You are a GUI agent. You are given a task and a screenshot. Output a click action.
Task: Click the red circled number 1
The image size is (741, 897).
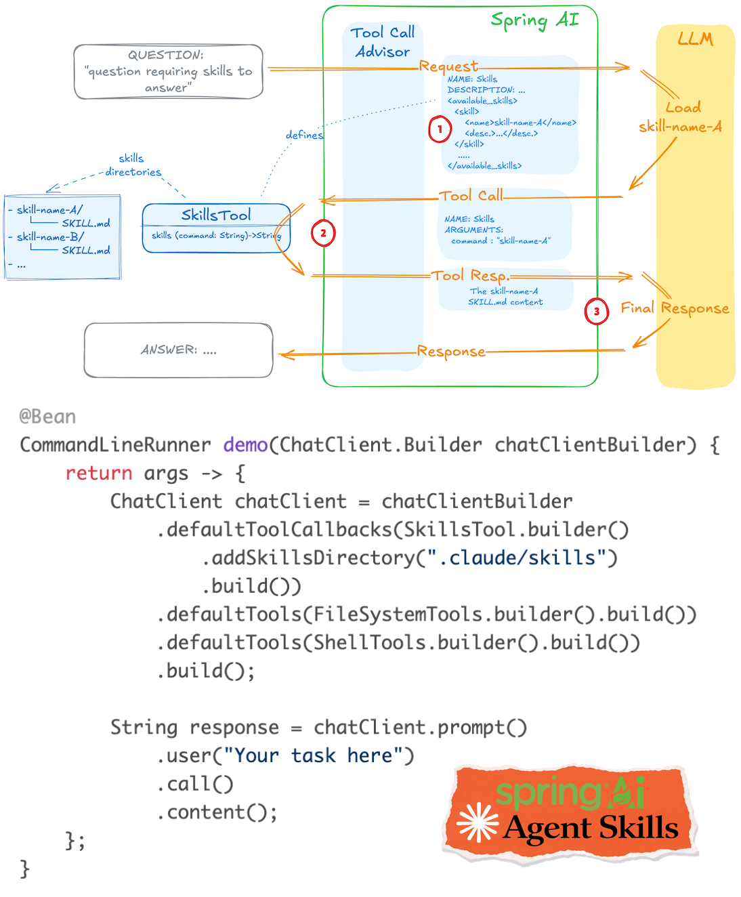pos(440,129)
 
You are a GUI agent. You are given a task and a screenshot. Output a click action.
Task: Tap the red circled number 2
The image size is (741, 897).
pos(323,233)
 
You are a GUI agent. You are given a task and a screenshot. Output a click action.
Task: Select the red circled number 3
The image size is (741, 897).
pos(596,312)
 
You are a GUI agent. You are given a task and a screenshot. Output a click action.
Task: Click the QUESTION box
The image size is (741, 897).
pos(168,71)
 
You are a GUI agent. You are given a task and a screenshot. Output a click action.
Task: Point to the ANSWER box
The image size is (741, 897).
pos(178,350)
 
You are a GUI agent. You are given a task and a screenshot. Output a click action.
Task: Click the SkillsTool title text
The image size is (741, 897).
pos(216,215)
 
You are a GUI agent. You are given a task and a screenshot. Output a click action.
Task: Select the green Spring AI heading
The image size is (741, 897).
pos(534,20)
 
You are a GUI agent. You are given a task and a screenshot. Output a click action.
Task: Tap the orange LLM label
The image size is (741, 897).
pos(695,39)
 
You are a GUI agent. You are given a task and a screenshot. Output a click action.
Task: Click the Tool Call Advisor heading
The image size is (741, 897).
pos(383,42)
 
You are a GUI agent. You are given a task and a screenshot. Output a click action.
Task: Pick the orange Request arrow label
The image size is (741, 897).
pos(448,66)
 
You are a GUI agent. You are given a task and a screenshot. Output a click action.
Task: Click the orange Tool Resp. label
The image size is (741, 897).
pos(470,275)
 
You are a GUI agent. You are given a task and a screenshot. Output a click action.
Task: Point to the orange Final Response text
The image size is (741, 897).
pos(675,308)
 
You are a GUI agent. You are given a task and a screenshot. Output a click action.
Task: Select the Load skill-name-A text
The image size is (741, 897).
pos(681,117)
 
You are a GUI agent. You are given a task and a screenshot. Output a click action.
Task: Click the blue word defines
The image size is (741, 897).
pos(304,135)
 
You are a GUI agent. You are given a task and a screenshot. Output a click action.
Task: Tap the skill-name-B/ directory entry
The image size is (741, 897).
pos(50,236)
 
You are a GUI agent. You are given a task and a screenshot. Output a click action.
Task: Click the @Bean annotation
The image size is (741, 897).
pos(47,416)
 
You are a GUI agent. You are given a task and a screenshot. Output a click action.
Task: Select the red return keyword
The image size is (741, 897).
pos(98,473)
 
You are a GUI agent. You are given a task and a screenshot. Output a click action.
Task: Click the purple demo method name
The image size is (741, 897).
pos(245,444)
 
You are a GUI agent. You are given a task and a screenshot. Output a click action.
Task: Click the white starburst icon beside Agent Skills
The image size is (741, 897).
pos(478,822)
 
